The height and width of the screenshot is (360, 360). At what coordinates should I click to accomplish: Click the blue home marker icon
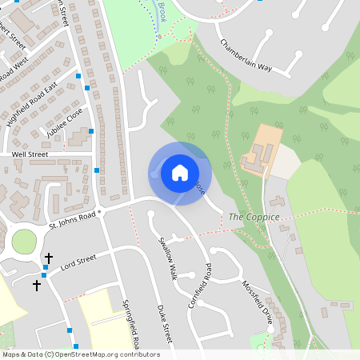click(180, 172)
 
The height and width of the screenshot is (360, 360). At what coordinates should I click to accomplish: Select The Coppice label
click(254, 217)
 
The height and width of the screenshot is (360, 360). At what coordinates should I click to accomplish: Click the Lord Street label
click(78, 259)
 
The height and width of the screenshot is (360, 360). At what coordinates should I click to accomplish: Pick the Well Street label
click(30, 154)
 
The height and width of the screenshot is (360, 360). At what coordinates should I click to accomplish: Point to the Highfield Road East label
click(34, 97)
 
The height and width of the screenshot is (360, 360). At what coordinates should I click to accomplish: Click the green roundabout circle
click(24, 240)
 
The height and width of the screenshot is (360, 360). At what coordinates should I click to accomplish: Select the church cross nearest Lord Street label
click(49, 258)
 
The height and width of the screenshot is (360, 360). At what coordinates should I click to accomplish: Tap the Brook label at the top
click(160, 11)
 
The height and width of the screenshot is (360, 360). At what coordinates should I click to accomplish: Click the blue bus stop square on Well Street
click(96, 170)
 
